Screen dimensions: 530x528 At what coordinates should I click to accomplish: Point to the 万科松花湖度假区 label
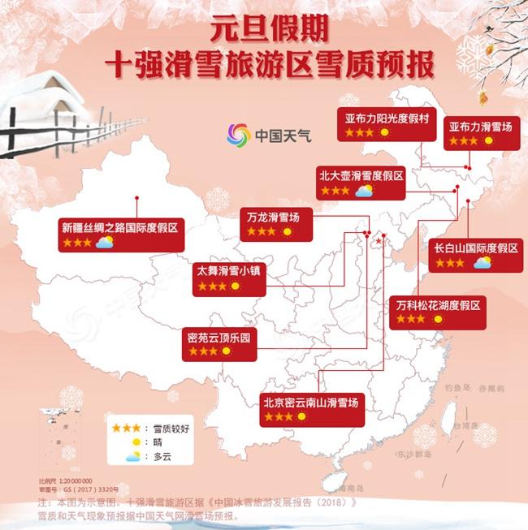pyautogui.click(x=439, y=305)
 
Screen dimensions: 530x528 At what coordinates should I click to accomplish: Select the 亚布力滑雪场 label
pyautogui.click(x=479, y=127)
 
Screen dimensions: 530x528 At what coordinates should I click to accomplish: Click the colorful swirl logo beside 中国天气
pyautogui.click(x=237, y=136)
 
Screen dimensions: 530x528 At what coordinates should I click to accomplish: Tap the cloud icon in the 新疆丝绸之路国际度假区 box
pyautogui.click(x=104, y=242)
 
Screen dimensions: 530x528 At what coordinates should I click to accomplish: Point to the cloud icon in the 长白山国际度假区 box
pyautogui.click(x=483, y=262)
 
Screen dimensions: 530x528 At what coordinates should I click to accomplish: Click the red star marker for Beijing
pyautogui.click(x=379, y=241)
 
